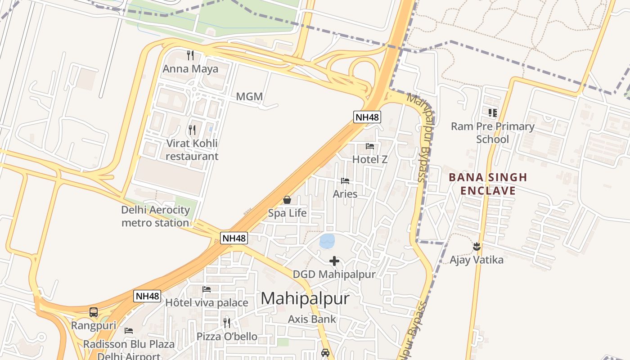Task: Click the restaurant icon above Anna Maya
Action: click(x=190, y=55)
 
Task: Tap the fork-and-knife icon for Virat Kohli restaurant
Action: click(x=192, y=130)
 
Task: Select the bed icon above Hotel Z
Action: click(x=370, y=146)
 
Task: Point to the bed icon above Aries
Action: click(x=345, y=181)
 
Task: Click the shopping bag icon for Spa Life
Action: click(x=287, y=200)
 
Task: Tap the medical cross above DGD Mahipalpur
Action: click(x=334, y=261)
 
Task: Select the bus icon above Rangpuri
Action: click(x=94, y=312)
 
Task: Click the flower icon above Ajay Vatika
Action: click(x=477, y=247)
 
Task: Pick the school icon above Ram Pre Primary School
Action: click(x=493, y=112)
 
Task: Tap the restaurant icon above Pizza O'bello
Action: click(x=227, y=323)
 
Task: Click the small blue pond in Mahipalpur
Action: click(x=327, y=241)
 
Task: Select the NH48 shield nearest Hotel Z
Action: click(x=367, y=117)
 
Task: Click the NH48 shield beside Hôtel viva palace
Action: click(x=147, y=296)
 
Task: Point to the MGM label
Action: click(x=249, y=97)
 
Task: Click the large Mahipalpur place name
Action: click(x=305, y=299)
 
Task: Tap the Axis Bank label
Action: click(x=312, y=319)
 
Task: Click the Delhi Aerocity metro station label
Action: click(x=155, y=216)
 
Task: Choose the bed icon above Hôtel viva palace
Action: click(x=207, y=289)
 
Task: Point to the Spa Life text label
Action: click(x=287, y=213)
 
